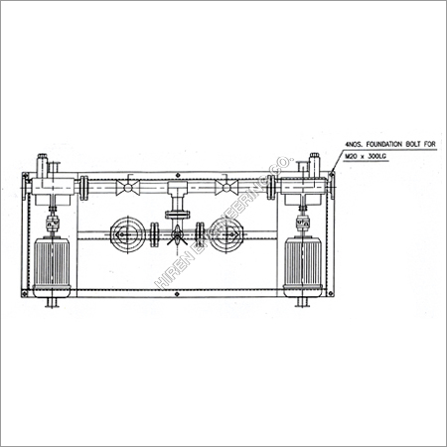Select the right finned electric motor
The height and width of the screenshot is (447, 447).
click(x=303, y=265)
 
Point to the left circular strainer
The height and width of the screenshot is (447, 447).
click(x=127, y=235)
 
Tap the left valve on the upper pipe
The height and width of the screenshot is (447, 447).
click(x=125, y=186)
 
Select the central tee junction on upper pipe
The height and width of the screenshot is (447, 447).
click(x=177, y=187)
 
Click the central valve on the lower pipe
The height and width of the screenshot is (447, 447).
click(x=177, y=236)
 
